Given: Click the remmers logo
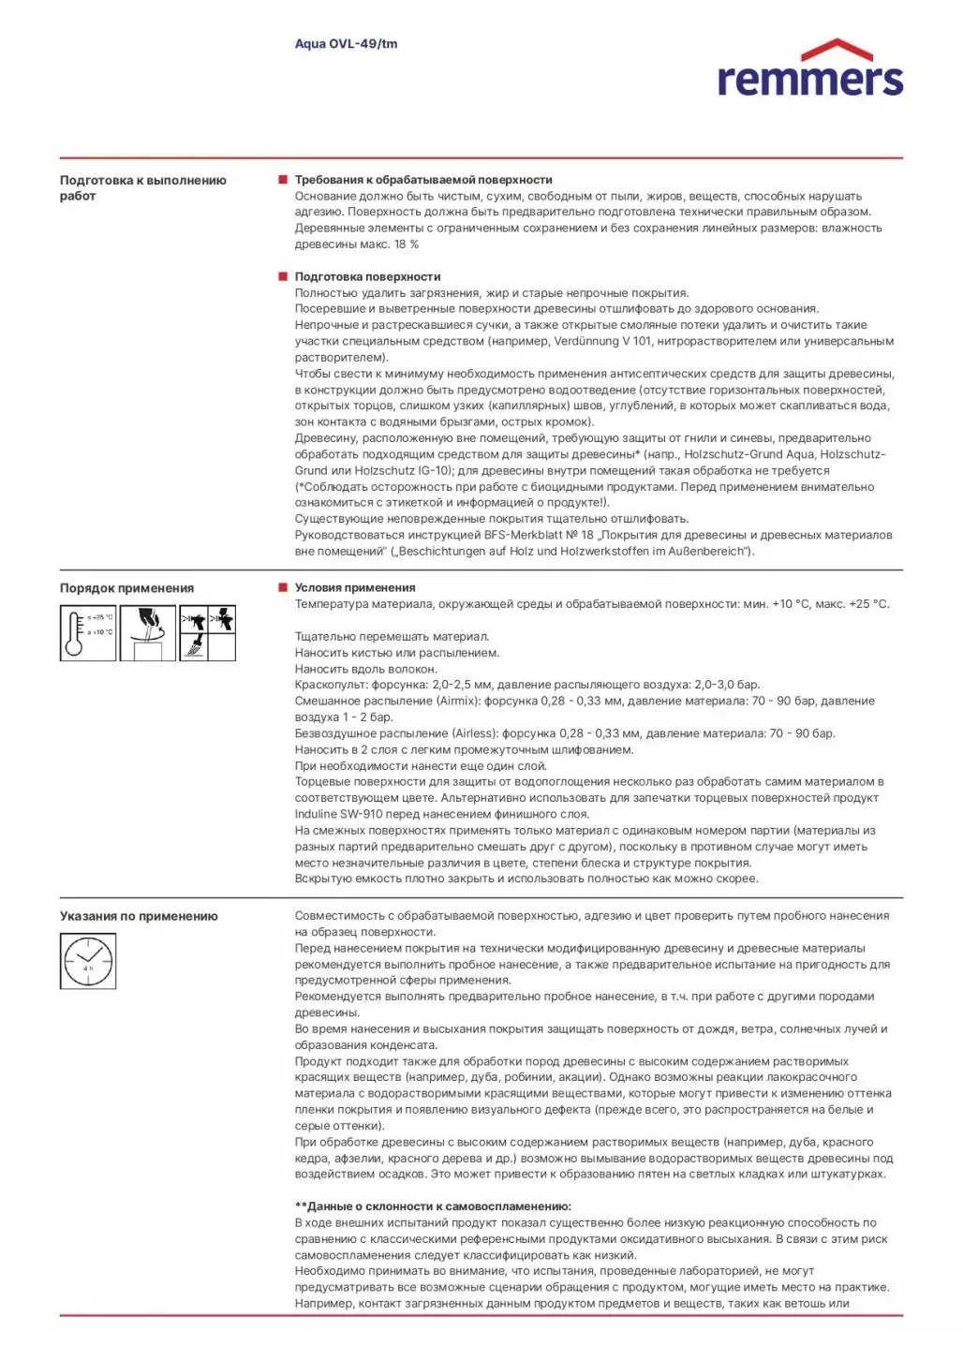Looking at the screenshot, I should tap(810, 69).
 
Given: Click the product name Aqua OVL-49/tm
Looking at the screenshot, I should tap(346, 44).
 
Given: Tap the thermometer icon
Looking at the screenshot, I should tap(88, 633).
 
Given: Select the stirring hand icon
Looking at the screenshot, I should tap(147, 633).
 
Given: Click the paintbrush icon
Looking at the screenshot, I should tap(194, 646).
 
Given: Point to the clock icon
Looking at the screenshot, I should tap(88, 961).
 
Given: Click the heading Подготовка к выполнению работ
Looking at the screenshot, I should tap(142, 187).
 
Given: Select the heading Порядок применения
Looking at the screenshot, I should tap(126, 588).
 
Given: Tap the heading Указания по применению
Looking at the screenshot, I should tap(139, 916).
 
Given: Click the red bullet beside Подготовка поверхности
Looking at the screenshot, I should tap(283, 276).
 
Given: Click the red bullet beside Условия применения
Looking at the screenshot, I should tap(283, 587).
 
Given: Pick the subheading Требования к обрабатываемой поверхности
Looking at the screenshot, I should tap(423, 180).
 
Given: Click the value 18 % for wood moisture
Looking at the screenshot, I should tap(407, 244).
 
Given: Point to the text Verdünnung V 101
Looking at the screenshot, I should tap(602, 341).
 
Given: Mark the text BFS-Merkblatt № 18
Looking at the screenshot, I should tap(539, 535).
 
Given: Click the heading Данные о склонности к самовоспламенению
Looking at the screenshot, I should tap(433, 1206).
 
